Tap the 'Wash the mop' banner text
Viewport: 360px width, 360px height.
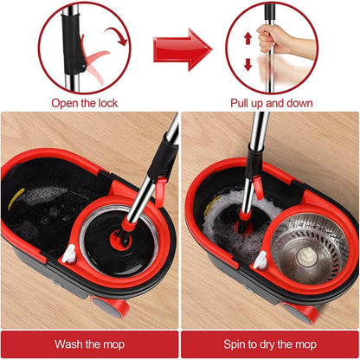(88, 344)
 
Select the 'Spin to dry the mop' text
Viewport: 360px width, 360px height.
(270, 344)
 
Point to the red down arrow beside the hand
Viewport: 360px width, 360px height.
(247, 64)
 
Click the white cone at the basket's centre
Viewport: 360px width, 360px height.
(306, 256)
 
